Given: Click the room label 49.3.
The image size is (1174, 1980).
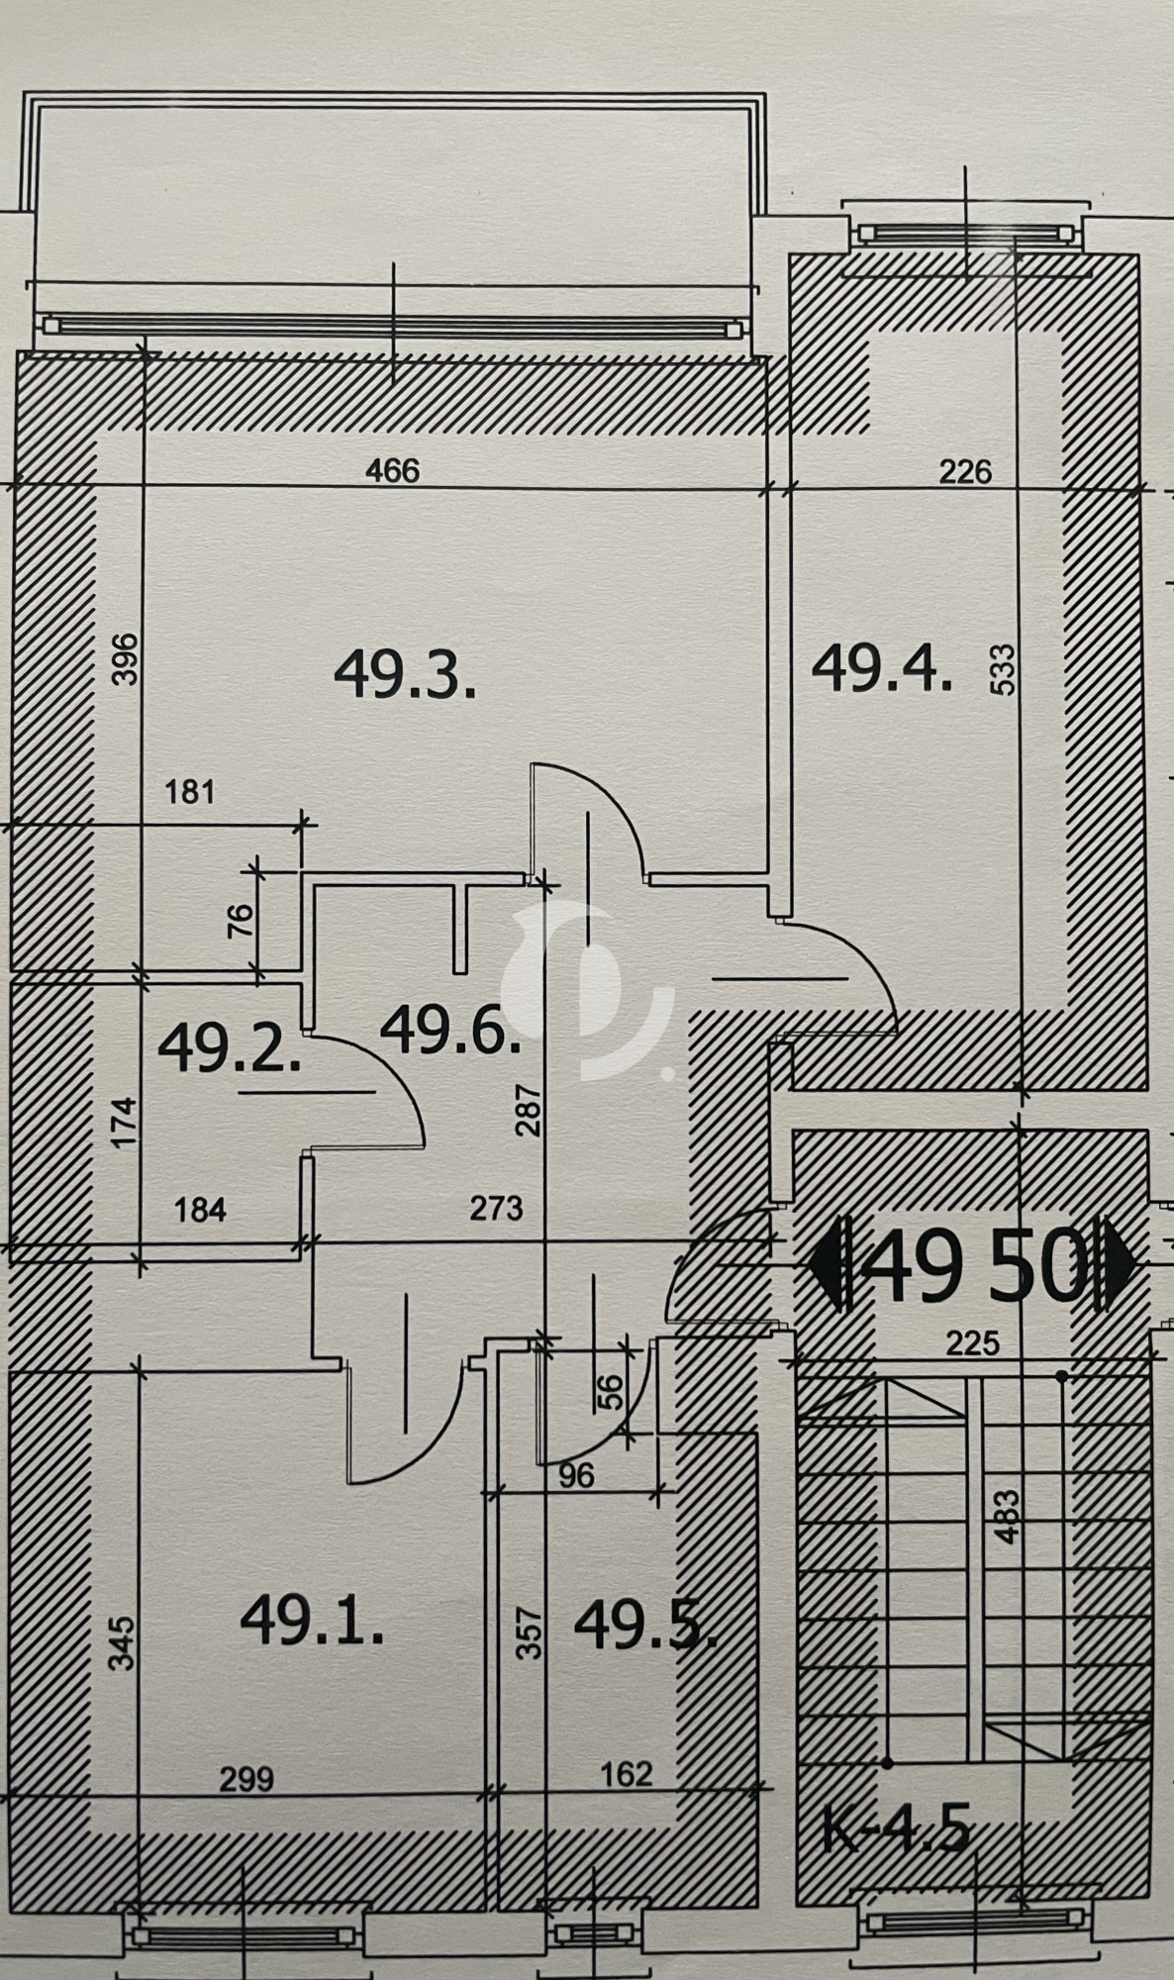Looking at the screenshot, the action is pos(405,677).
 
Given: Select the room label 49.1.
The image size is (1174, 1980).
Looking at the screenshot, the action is pos(312,1622).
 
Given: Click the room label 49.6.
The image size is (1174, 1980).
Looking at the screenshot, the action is pos(449,1029).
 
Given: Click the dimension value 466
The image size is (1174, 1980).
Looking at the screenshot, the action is pos(393,469).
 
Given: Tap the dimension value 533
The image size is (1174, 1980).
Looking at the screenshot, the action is pos(1002,670).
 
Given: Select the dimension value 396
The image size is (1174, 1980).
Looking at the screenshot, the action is pos(127,659).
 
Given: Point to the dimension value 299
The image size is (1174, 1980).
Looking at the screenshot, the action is pos(245,1779).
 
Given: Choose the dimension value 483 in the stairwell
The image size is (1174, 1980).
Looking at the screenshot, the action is pos(1007,1517).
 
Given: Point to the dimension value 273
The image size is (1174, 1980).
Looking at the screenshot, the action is pos(496,1208).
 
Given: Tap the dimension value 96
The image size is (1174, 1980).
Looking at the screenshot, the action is pos(576,1475).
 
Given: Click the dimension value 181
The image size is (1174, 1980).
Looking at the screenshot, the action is pos(189,792).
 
